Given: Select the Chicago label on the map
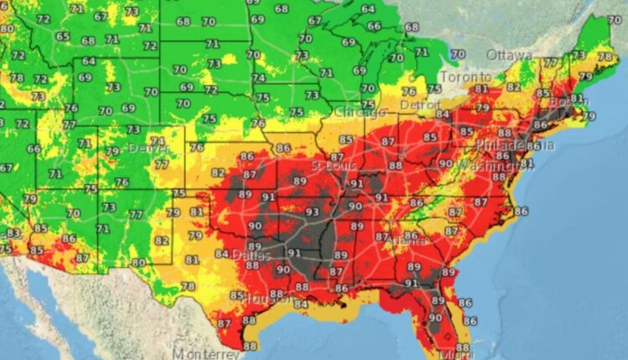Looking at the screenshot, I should [x=360, y=112].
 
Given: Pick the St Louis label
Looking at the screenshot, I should [x=328, y=165].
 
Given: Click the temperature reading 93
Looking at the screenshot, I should [x=312, y=212].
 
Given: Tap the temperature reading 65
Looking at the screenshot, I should [x=63, y=36].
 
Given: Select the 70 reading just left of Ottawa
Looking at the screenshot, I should [x=456, y=54].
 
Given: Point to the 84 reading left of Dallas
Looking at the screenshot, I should [x=221, y=254].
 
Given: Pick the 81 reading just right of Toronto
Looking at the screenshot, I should [x=481, y=89].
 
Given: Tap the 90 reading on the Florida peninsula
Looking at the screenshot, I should [x=435, y=317].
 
